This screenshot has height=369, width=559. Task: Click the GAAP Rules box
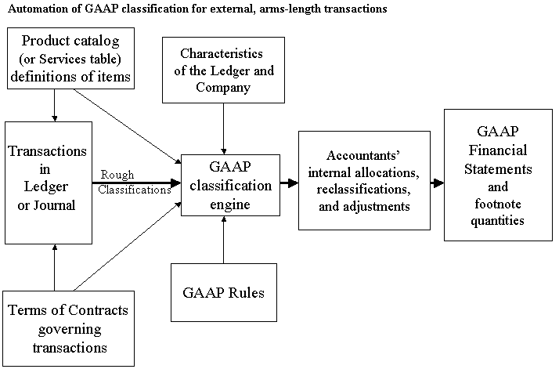224,294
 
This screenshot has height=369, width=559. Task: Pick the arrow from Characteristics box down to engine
225,128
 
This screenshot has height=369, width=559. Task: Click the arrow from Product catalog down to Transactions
53,105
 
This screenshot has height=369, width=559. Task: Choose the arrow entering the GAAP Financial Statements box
437,184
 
